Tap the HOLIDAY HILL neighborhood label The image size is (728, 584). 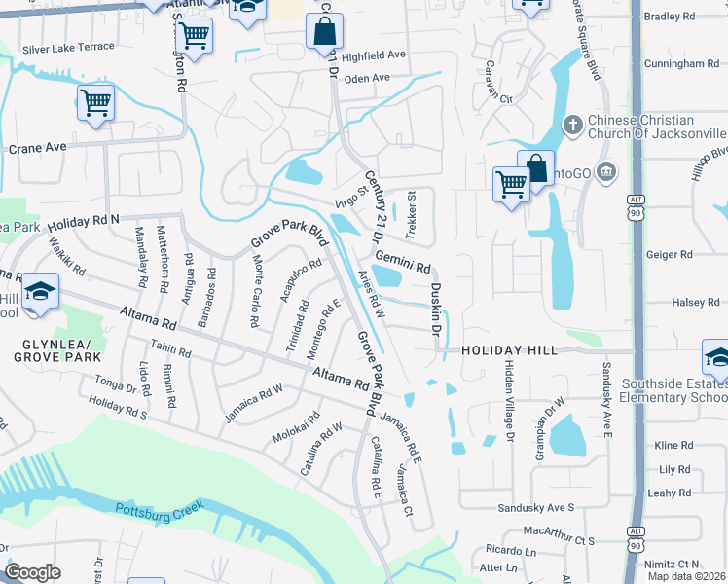[x=509, y=350]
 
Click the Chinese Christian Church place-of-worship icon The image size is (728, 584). [x=573, y=126]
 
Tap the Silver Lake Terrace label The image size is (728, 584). [x=68, y=48]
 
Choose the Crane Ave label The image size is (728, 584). [x=37, y=148]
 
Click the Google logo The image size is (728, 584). [x=32, y=571]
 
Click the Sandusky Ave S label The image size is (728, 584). [x=536, y=508]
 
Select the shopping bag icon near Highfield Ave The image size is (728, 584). [x=323, y=31]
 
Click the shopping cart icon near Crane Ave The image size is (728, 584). [x=95, y=102]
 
